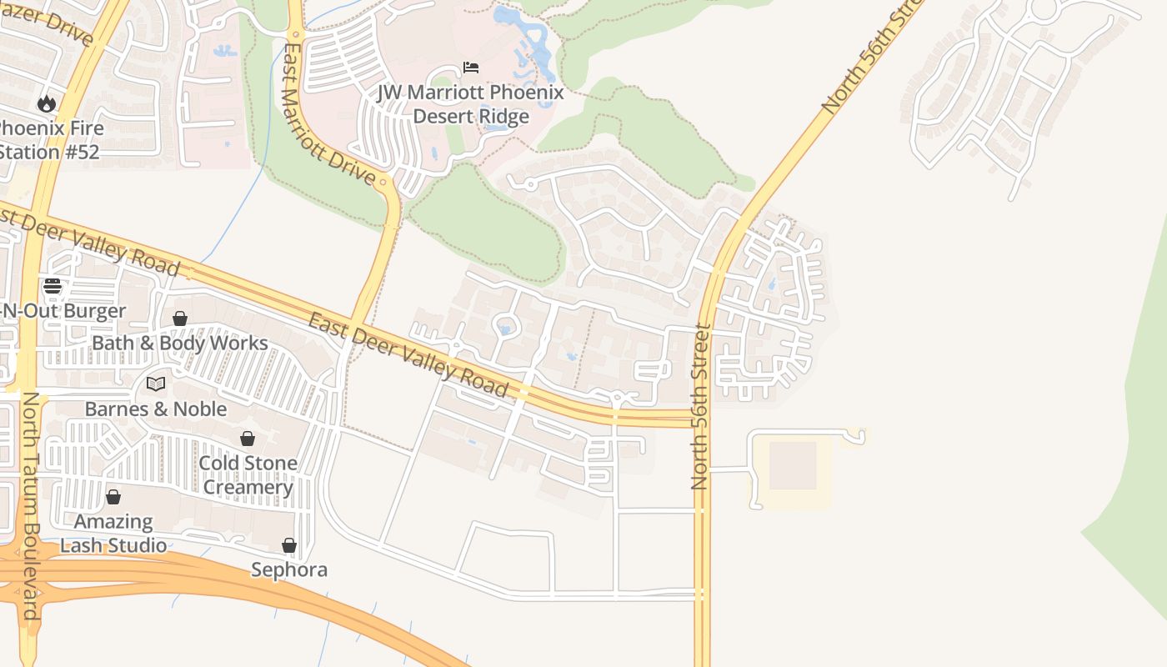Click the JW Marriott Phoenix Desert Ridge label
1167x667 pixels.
(x=471, y=104)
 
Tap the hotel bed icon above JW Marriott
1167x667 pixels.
(x=471, y=68)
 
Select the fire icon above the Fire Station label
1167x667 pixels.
(x=46, y=104)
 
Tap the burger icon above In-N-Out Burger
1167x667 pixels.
(x=53, y=287)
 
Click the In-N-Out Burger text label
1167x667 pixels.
(x=63, y=311)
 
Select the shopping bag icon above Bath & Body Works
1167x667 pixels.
(x=179, y=318)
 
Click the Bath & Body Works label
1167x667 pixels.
(x=180, y=343)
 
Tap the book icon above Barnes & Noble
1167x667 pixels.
(x=156, y=384)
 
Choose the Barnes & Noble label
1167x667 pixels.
(x=156, y=409)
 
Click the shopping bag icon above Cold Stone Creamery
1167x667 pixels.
(x=248, y=439)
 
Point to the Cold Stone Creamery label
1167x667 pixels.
(x=248, y=475)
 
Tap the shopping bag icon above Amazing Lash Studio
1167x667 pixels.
(x=113, y=498)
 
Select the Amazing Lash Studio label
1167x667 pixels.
(x=113, y=534)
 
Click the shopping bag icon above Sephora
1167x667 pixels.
(x=289, y=545)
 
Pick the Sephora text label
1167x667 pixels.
(x=289, y=569)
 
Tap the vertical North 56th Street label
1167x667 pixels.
(x=700, y=406)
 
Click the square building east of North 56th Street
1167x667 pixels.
(x=792, y=465)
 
